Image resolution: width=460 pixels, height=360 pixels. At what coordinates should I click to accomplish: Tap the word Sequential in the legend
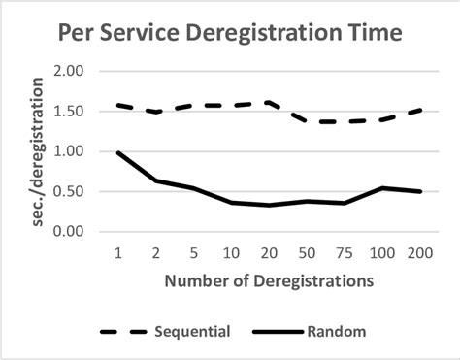coord(191,332)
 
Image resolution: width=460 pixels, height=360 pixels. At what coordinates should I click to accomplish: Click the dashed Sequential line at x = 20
coord(267,103)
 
